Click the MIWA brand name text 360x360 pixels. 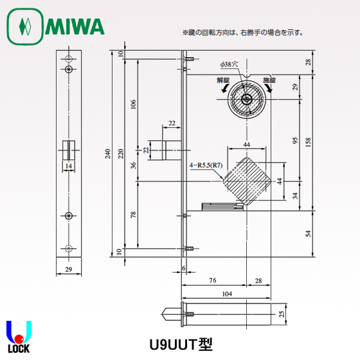point(74,26)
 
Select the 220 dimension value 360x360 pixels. point(120,154)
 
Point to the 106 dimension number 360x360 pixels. point(134,105)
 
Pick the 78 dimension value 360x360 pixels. point(134,214)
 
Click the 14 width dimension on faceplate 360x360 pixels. point(68,166)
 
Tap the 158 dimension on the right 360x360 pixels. point(308,141)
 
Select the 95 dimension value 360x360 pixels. point(295,141)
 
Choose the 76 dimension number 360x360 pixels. point(212,280)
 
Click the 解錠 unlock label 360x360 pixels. point(223,80)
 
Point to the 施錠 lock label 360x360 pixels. point(269,80)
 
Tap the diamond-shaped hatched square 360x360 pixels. point(246,181)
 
